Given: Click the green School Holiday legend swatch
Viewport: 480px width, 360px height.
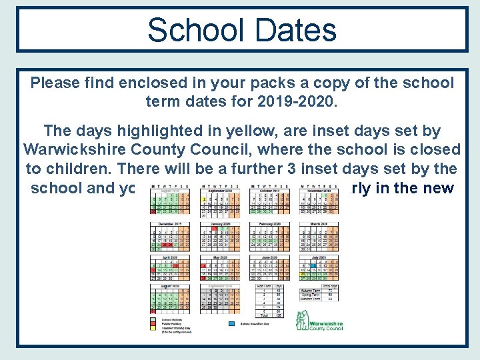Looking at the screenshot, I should (155, 318).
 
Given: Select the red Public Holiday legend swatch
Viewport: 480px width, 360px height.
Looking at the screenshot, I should (155, 323).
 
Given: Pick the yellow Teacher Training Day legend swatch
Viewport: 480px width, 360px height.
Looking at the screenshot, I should (155, 327).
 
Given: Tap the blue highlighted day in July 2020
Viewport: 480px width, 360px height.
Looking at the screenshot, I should (303, 273).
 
